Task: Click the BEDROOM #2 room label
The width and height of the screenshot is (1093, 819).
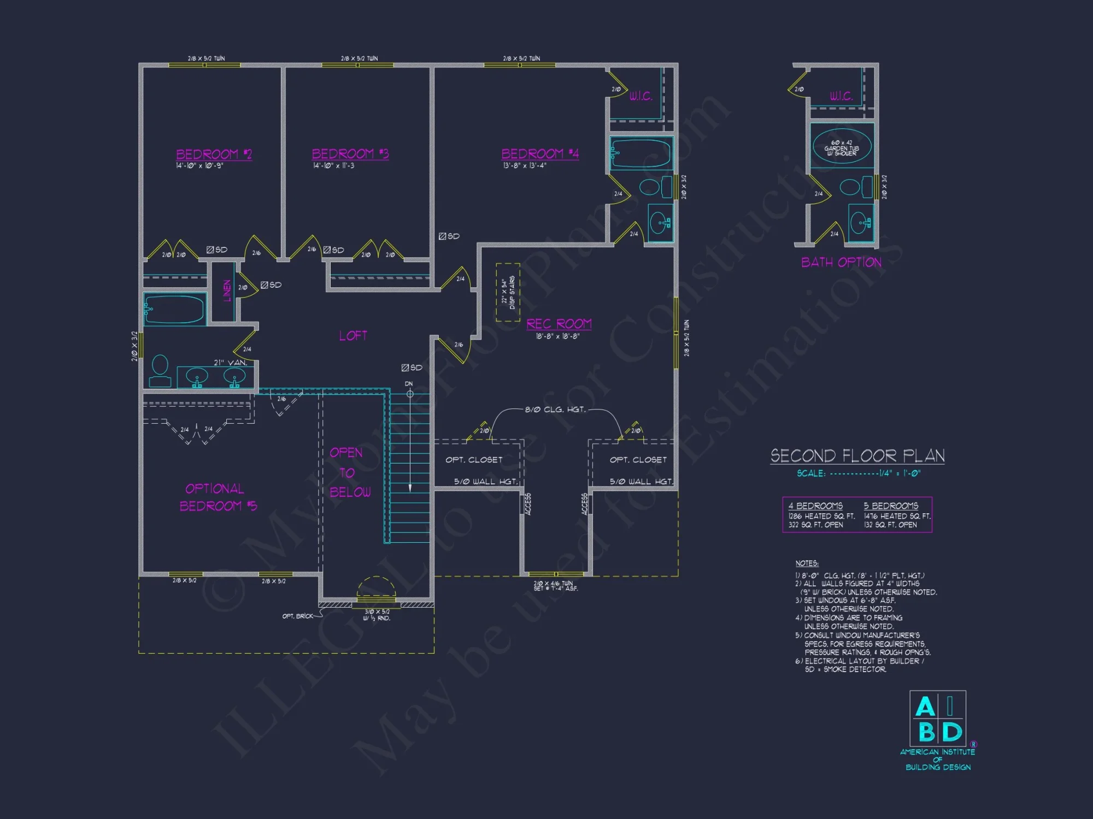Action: (x=214, y=154)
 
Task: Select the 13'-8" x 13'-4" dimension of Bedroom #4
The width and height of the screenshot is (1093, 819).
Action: (x=524, y=165)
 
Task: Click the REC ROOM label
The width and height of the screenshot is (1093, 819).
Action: (x=559, y=324)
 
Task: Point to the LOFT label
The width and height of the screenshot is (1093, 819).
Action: (x=353, y=336)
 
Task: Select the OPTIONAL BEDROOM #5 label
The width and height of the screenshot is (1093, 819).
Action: (x=218, y=497)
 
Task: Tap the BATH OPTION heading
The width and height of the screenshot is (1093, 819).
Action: (x=841, y=262)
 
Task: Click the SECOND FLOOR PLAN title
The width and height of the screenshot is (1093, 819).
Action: (x=857, y=455)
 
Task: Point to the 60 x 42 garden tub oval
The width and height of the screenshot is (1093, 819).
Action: (x=842, y=147)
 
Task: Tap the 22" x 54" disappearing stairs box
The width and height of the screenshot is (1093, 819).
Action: (x=508, y=292)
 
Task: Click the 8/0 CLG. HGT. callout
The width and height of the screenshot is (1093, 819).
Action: (x=555, y=410)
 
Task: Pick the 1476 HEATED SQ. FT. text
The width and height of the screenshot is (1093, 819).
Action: (x=897, y=516)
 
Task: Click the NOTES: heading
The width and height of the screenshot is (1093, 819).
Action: (x=807, y=563)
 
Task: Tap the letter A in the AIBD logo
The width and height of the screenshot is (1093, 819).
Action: (x=925, y=707)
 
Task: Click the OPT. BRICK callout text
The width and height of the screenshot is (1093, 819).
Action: (x=297, y=616)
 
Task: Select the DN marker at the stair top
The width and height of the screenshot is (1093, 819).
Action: (x=409, y=384)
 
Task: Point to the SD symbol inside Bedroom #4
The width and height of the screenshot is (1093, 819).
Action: (x=449, y=236)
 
